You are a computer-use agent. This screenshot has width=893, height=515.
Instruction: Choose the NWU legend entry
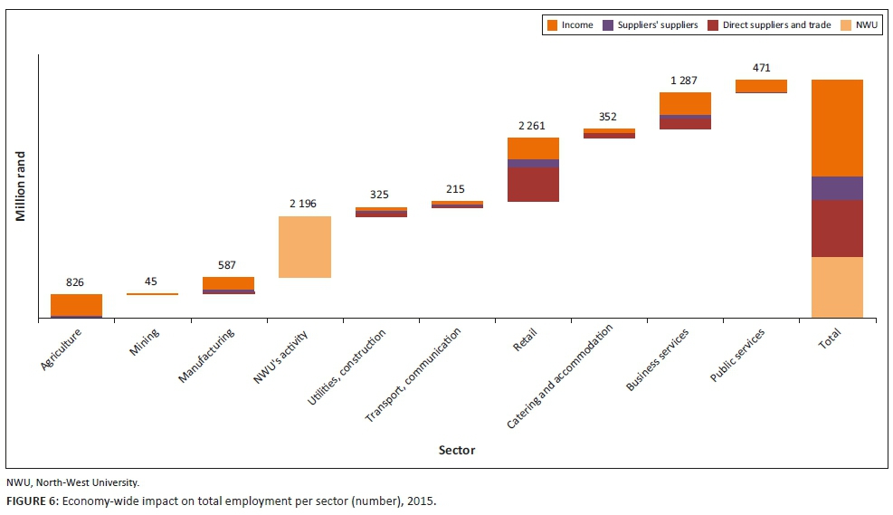click(860, 25)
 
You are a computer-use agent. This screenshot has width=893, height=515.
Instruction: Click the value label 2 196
click(303, 204)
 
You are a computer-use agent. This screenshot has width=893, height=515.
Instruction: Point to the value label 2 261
click(532, 125)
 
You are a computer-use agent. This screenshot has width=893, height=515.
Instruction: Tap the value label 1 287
click(685, 81)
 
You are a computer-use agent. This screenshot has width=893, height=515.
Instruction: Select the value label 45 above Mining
click(151, 281)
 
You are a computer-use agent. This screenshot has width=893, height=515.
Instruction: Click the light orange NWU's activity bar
click(304, 246)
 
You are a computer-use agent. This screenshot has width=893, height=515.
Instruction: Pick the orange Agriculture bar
click(76, 304)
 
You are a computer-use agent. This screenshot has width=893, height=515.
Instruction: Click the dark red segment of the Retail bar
click(533, 185)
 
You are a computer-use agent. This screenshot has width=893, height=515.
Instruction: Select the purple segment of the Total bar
click(837, 188)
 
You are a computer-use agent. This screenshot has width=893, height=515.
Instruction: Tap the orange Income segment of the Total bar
click(837, 128)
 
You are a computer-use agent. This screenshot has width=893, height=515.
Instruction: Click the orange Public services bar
click(761, 86)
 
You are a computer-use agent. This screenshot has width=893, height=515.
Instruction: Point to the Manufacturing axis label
click(206, 355)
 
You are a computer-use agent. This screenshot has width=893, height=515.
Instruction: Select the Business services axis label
click(658, 360)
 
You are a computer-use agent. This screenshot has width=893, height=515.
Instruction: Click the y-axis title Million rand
click(20, 186)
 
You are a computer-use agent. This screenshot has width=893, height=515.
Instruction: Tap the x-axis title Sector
click(456, 450)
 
